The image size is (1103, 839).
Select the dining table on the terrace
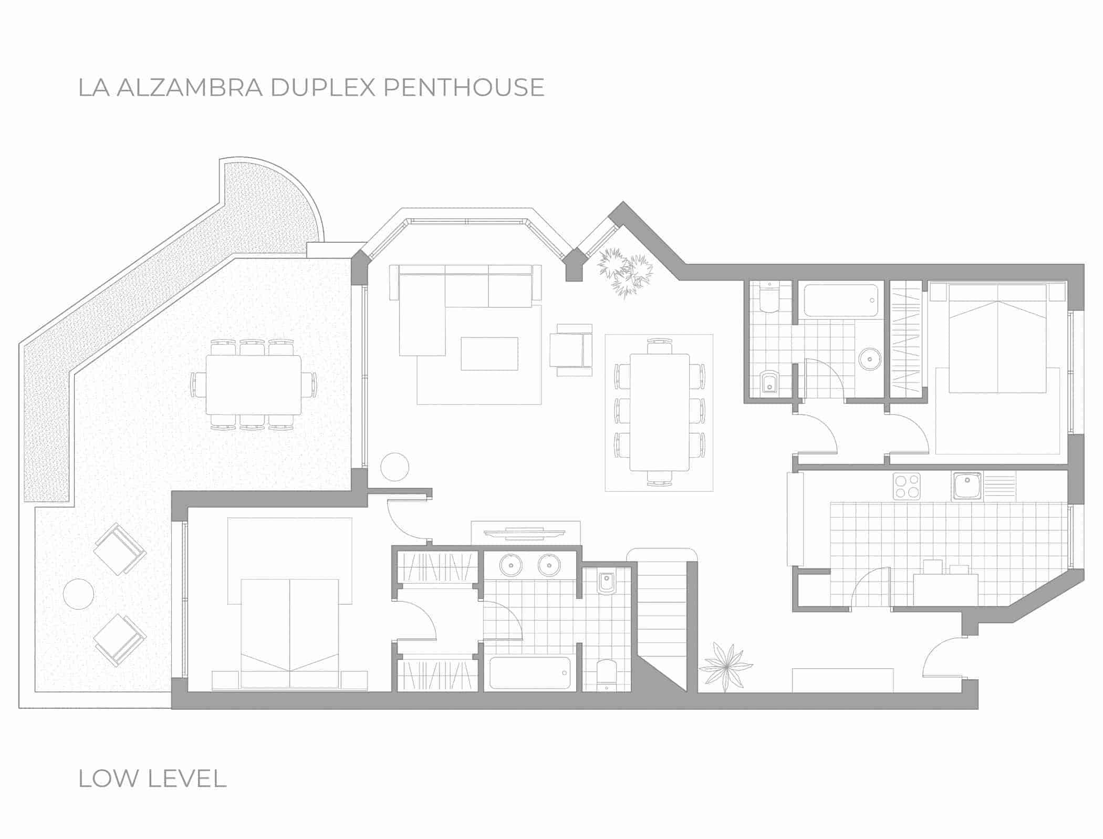pyautogui.click(x=254, y=385)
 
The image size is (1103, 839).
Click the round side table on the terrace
pyautogui.click(x=78, y=594)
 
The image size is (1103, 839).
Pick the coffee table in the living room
pyautogui.click(x=490, y=354)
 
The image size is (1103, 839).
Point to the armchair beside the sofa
pyautogui.click(x=571, y=350)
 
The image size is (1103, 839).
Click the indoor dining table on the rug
pyautogui.click(x=660, y=412)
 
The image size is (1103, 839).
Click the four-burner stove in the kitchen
pyautogui.click(x=907, y=486)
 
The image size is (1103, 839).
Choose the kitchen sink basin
pyautogui.click(x=967, y=485)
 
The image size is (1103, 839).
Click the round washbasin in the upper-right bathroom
pyautogui.click(x=870, y=360)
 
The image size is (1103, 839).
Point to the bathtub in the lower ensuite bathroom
pyautogui.click(x=529, y=673)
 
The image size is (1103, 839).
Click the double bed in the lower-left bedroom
pyautogui.click(x=290, y=633)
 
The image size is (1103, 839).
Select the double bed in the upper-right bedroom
pyautogui.click(x=997, y=346)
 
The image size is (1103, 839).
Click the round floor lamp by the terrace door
pyautogui.click(x=394, y=467)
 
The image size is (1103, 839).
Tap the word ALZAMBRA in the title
pyautogui.click(x=190, y=87)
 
